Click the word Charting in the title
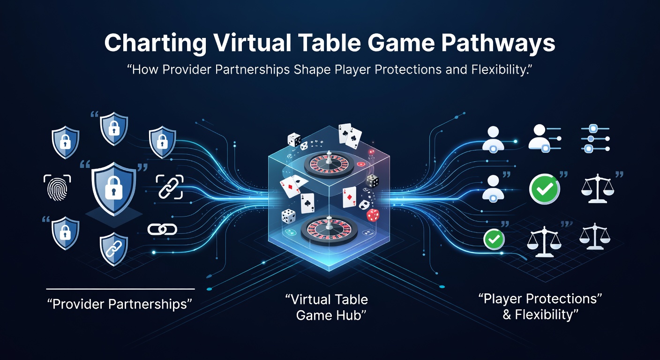coord(155,43)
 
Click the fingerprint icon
coord(57,187)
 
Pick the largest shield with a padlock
coord(114,188)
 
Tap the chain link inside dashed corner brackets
coord(169,187)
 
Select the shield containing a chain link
coord(114,249)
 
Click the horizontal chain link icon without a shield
coord(162,230)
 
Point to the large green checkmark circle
coord(545,189)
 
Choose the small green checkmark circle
coord(494,239)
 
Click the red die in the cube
coord(373,215)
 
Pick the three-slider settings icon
coord(595,138)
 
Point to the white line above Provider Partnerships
coord(120,289)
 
